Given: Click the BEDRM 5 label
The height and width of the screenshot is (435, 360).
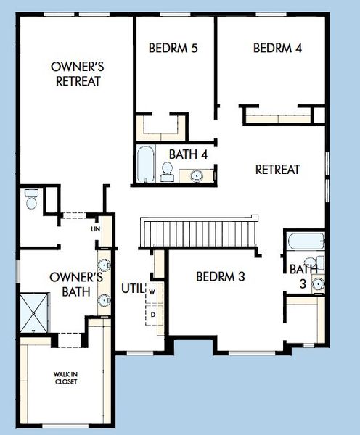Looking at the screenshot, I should coord(173,49).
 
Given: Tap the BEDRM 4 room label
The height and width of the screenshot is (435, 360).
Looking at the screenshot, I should coord(277,49).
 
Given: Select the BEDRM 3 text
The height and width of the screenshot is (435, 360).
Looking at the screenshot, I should coord(221,276).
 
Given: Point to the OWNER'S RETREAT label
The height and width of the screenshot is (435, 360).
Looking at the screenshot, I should coord(78,74).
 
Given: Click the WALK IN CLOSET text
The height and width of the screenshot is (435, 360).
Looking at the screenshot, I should coord(66,378).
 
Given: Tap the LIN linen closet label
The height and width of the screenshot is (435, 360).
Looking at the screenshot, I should coord(95,229).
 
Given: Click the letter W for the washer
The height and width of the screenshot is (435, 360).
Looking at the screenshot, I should coord(153,291).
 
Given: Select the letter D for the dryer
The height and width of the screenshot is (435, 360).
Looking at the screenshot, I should coord(153,314).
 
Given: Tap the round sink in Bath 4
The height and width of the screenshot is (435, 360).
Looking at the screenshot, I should coord(196,175).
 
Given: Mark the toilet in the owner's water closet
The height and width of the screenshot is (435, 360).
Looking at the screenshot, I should coord(30,199).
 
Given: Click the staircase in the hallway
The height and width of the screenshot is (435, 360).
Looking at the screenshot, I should coord(198,232).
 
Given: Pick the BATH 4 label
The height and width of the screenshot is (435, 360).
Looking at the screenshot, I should coord(189,154).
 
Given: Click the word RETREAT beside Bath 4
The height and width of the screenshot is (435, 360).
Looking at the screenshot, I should coord(277,170).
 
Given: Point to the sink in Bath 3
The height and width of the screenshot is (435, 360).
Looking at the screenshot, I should coord(318,283).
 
